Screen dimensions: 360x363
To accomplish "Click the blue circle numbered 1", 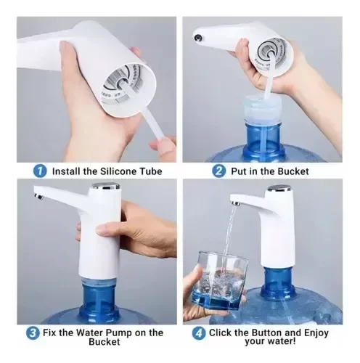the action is [x=40, y=171].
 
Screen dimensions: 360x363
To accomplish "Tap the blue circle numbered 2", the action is [x=218, y=171].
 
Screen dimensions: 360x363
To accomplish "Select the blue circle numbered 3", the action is [x=33, y=333].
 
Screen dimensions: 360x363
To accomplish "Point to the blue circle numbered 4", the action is [x=199, y=333].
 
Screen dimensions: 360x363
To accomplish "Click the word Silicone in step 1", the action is [x=117, y=171].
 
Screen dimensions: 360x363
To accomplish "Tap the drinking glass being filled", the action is [x=219, y=281].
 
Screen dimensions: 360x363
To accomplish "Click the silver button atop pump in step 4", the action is [x=279, y=188].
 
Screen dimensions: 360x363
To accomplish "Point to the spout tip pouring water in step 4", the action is [x=236, y=203].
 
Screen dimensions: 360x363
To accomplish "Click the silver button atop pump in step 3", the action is [x=106, y=187].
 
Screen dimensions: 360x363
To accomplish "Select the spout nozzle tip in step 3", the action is [x=38, y=197].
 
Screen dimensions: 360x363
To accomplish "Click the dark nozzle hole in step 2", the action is [x=199, y=37].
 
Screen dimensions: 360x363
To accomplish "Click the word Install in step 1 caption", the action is [x=66, y=171].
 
